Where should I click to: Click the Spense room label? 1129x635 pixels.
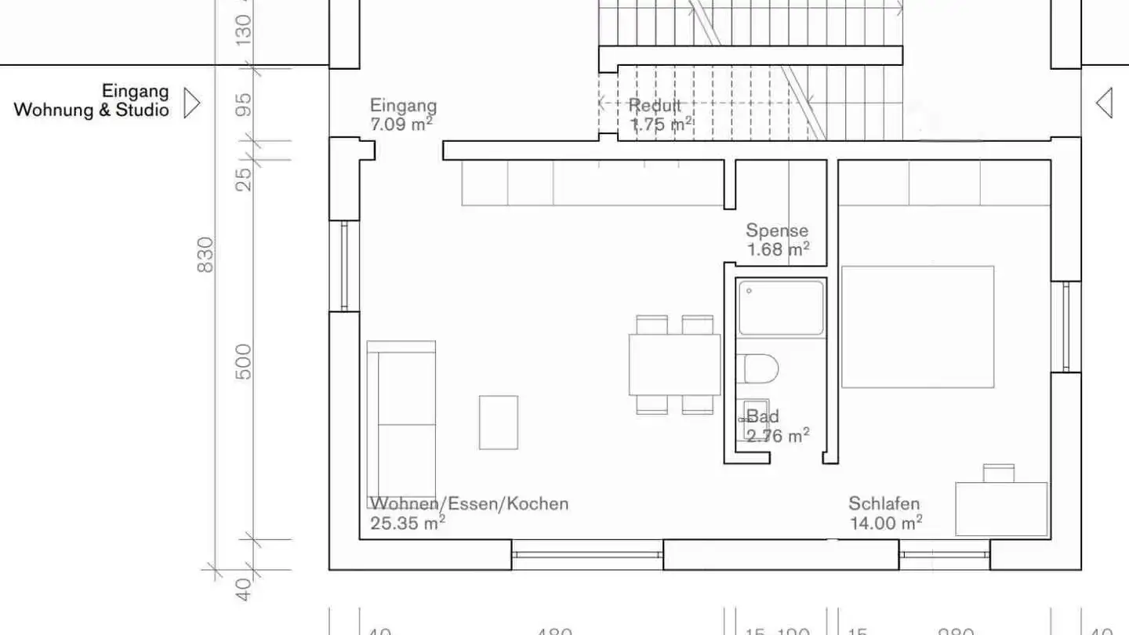click(x=776, y=230)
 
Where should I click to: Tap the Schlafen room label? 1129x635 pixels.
click(x=884, y=504)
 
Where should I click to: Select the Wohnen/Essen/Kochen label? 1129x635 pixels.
click(x=469, y=503)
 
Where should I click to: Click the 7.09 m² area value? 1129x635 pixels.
click(x=401, y=124)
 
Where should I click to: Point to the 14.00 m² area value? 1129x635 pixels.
click(x=885, y=523)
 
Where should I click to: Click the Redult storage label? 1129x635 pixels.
click(x=655, y=106)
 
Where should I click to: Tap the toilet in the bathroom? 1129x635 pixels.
click(x=759, y=368)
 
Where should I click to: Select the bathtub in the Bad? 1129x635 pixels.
click(x=781, y=308)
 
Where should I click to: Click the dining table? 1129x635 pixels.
click(x=674, y=365)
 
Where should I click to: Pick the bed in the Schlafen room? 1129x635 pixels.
click(x=917, y=327)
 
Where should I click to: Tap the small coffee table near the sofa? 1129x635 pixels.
click(x=499, y=423)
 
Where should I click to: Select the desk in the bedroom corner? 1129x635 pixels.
click(x=1001, y=509)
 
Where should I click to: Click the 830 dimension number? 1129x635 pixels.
click(x=205, y=255)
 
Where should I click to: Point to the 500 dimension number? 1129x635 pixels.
click(x=245, y=361)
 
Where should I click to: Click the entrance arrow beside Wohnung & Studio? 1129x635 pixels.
click(x=191, y=103)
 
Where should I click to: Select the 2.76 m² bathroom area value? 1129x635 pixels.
click(x=777, y=436)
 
